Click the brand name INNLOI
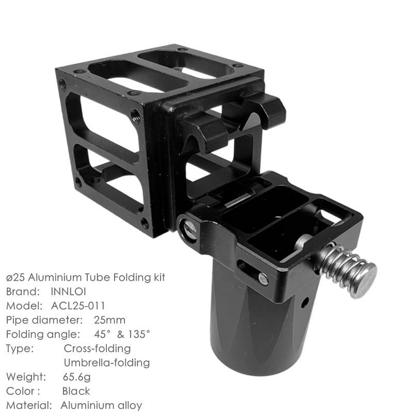68,292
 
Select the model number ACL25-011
78,306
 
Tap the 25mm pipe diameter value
109,320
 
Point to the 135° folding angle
139,334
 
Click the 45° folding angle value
102,334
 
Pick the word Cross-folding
97,348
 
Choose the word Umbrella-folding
107,363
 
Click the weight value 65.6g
76,377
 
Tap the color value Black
76,391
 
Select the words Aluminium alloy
101,405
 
